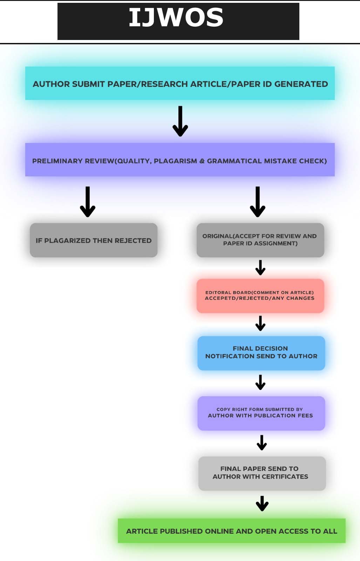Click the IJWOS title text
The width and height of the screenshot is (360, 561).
(x=176, y=18)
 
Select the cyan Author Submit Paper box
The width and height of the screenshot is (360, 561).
(x=180, y=83)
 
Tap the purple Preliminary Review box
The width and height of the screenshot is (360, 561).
(x=180, y=160)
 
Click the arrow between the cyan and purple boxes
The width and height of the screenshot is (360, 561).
(x=180, y=121)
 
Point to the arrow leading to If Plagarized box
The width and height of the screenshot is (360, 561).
(x=88, y=202)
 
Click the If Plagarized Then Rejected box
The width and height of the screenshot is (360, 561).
(x=94, y=241)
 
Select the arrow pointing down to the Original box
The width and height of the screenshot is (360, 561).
(x=258, y=202)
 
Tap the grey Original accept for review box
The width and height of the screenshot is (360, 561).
(x=260, y=240)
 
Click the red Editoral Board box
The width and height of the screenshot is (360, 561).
(x=260, y=296)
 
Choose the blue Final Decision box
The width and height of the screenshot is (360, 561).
(x=261, y=353)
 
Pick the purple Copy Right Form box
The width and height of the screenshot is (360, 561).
(x=261, y=413)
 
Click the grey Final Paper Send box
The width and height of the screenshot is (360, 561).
(x=262, y=473)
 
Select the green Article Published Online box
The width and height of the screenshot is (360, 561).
(x=231, y=531)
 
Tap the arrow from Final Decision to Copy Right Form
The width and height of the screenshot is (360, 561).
(x=260, y=383)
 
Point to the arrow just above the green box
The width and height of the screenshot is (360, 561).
(x=262, y=503)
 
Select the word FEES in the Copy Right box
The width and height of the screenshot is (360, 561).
(x=305, y=415)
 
